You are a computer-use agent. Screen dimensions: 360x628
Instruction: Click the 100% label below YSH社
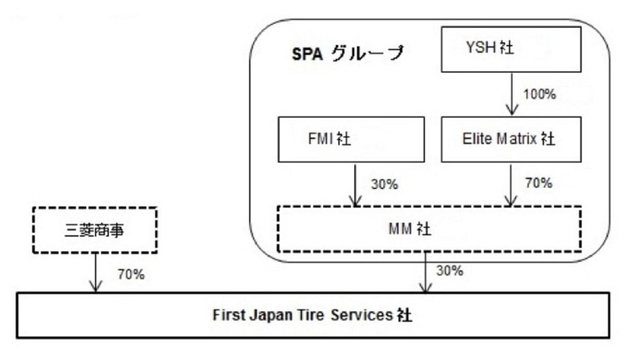(x=539, y=95)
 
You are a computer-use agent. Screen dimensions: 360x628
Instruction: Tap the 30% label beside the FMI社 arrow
(x=385, y=184)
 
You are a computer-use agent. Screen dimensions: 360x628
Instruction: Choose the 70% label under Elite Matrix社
(x=539, y=183)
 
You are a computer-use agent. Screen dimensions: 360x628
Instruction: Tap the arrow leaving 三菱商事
(x=95, y=273)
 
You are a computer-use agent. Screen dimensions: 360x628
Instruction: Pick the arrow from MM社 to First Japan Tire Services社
(x=427, y=272)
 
